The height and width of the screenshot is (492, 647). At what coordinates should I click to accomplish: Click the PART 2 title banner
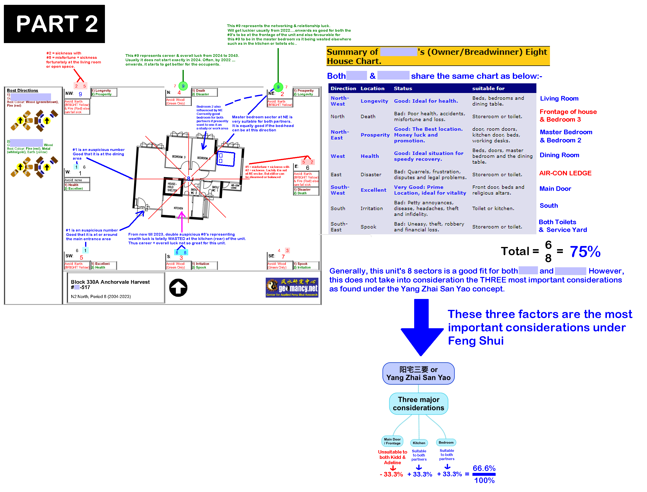[54, 24]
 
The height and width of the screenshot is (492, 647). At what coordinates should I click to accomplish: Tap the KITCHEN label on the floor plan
[178, 208]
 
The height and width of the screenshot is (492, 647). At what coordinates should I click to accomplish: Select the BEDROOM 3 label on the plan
[179, 157]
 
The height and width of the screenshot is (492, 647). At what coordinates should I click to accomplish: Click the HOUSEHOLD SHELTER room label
[172, 187]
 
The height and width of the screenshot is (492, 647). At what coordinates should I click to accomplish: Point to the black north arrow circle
[178, 288]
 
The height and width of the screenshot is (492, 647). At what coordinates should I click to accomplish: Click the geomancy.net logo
[292, 287]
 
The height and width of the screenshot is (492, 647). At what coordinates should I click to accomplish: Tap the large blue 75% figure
[585, 252]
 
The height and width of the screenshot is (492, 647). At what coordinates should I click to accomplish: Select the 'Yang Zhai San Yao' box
[418, 373]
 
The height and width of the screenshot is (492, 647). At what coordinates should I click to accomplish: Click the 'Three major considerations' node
[418, 403]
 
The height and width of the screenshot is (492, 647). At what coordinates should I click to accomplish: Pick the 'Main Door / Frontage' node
[392, 441]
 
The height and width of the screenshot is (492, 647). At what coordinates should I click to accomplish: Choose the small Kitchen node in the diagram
[419, 443]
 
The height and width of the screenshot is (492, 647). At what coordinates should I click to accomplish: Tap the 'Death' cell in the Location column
[368, 117]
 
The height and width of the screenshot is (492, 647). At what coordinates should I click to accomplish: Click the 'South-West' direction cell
[340, 190]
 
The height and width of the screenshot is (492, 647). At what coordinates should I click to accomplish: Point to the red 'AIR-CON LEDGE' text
[565, 173]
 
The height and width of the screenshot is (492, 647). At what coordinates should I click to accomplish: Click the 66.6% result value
[484, 468]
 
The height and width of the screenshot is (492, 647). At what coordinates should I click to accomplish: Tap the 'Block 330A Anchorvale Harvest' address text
[110, 282]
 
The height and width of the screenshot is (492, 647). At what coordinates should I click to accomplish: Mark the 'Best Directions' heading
[22, 90]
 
